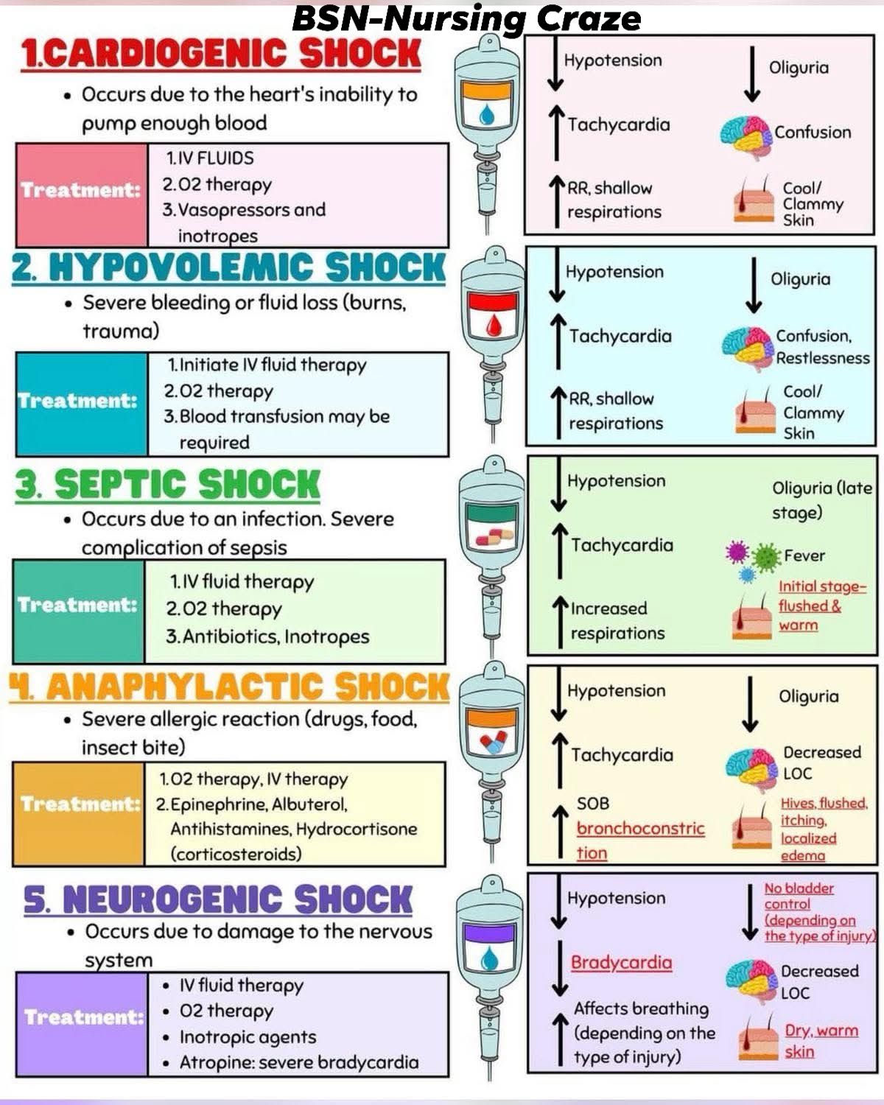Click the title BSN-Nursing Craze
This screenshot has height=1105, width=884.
pyautogui.click(x=466, y=19)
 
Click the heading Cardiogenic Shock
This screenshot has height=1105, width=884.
pyautogui.click(x=221, y=54)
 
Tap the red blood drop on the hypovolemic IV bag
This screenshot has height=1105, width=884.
pyautogui.click(x=493, y=326)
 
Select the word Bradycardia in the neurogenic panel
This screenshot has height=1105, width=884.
pyautogui.click(x=621, y=962)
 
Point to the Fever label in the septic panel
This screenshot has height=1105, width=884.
pyautogui.click(x=804, y=555)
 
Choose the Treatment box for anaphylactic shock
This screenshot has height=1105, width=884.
pyautogui.click(x=79, y=814)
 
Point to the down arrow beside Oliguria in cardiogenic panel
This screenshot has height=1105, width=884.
pyautogui.click(x=752, y=74)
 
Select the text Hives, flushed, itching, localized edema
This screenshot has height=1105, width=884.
pyautogui.click(x=824, y=829)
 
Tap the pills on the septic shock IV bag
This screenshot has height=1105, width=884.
pyautogui.click(x=494, y=536)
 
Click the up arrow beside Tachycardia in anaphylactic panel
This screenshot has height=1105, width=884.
pyautogui.click(x=560, y=760)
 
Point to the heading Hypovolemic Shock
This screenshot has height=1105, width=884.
pyautogui.click(x=229, y=267)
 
